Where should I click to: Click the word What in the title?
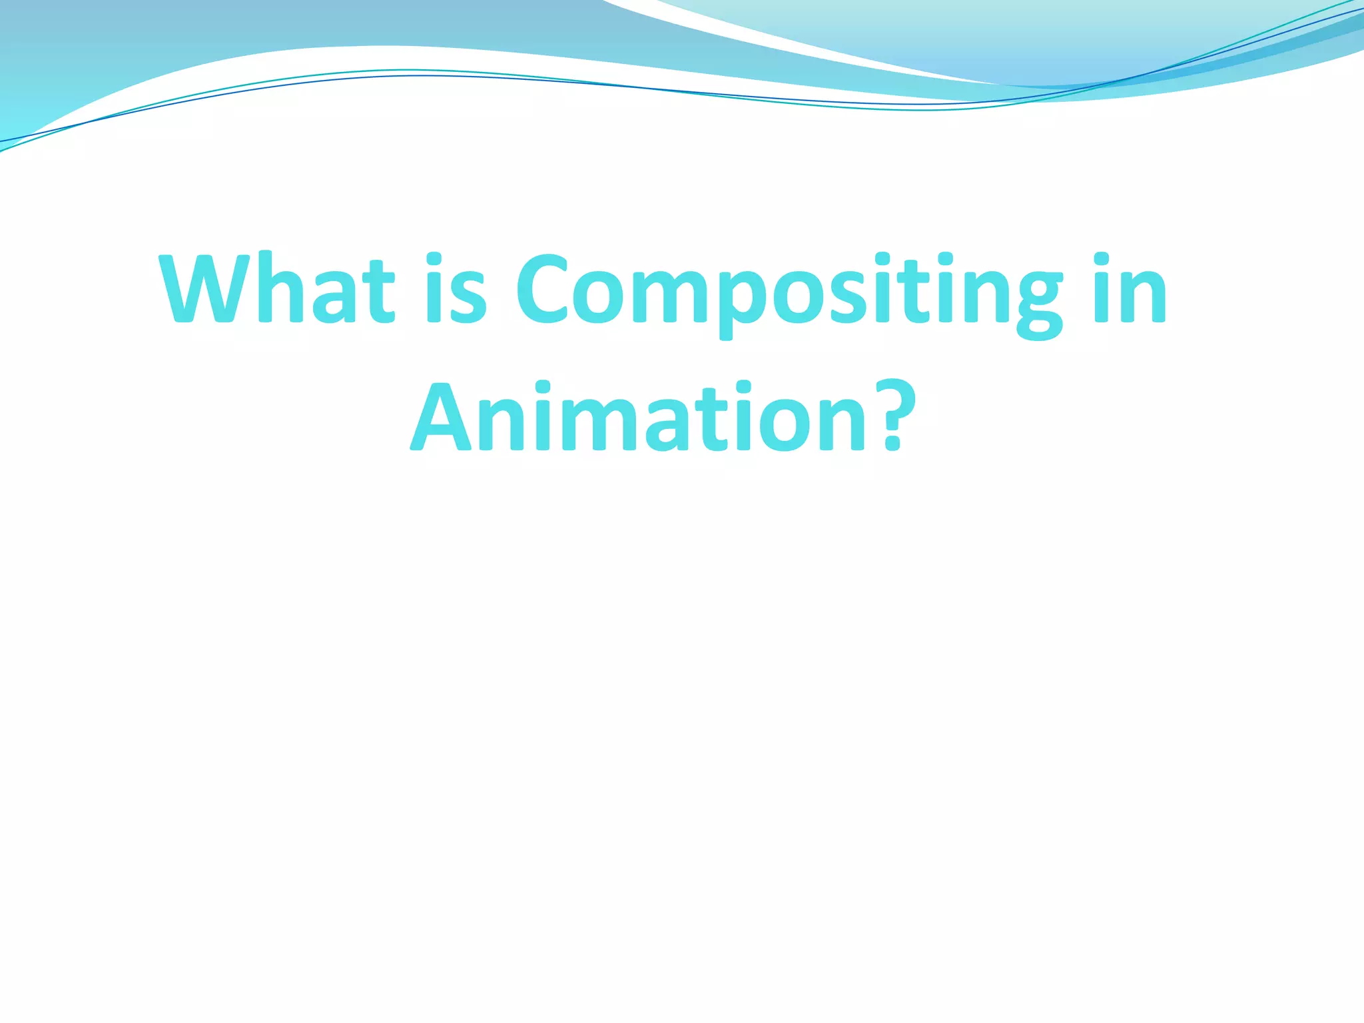[277, 289]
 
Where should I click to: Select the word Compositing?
[789, 293]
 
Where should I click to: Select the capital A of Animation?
[443, 416]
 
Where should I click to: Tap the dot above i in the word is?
[434, 258]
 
